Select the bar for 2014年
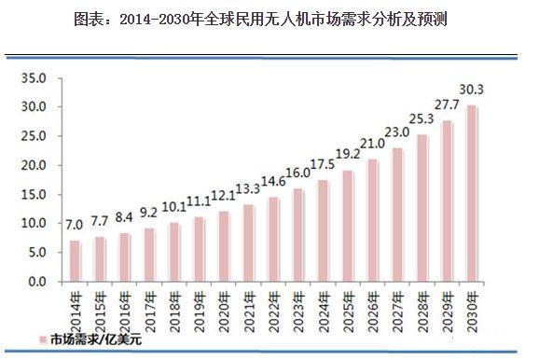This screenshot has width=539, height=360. pyautogui.click(x=76, y=261)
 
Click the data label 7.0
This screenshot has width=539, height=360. pyautogui.click(x=76, y=225)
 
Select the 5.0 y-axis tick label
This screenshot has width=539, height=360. pyautogui.click(x=35, y=252)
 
